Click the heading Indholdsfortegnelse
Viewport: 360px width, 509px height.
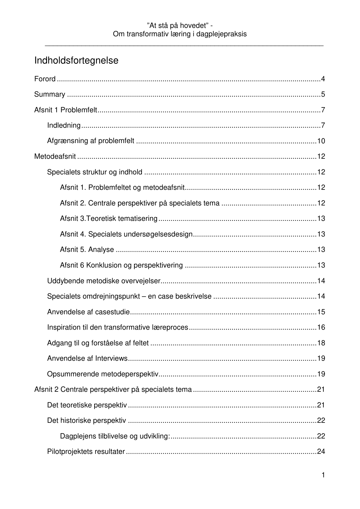76,61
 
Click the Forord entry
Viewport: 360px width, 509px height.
45,79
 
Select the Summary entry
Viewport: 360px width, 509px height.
50,94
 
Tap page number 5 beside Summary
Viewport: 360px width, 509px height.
323,94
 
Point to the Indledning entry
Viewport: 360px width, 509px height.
64,125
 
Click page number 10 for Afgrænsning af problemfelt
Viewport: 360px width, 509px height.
321,141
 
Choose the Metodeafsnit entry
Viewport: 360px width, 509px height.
55,156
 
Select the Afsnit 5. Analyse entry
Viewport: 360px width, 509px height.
87,250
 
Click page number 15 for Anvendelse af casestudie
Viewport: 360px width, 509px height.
321,312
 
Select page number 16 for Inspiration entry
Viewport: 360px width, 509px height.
321,327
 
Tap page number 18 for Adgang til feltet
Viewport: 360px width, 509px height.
321,343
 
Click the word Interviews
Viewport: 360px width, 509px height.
111,358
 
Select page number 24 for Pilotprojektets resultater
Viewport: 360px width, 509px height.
321,452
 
